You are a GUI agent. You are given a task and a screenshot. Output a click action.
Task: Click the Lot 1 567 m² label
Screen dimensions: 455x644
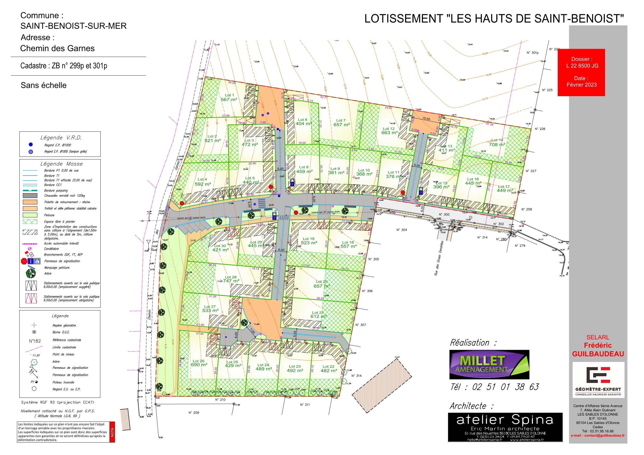tap(229, 97)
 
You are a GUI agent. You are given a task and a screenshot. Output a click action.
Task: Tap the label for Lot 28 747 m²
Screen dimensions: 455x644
tap(231, 279)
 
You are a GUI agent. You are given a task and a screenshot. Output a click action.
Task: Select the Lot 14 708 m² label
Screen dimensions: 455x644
tap(497, 142)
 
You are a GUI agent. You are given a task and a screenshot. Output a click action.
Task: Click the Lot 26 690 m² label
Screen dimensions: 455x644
tap(199, 363)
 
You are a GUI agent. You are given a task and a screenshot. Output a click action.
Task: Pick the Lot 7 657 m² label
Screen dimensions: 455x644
tap(341, 123)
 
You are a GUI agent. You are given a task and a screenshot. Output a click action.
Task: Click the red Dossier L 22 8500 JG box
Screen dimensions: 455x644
tap(581, 72)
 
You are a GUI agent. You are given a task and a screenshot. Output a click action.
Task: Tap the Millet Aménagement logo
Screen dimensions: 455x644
tap(489, 365)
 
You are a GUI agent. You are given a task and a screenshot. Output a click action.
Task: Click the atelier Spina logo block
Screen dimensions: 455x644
tap(505, 427)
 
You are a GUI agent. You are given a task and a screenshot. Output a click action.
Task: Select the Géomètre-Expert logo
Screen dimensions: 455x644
tap(598, 380)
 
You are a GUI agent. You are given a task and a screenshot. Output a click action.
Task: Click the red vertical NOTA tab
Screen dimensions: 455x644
tap(112, 432)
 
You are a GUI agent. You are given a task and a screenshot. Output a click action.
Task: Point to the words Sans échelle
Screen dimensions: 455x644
tap(44, 85)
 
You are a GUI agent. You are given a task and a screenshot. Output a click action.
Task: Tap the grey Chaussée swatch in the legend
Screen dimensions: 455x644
tap(30, 196)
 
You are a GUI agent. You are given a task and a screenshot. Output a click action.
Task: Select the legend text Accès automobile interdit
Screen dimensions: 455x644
tap(61, 243)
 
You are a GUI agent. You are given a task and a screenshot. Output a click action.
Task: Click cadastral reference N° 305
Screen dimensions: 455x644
tap(373, 259)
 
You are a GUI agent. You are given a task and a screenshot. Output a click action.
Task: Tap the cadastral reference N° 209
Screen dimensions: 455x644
tap(194, 412)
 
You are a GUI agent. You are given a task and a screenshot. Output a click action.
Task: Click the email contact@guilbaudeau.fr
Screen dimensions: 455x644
tap(598, 435)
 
